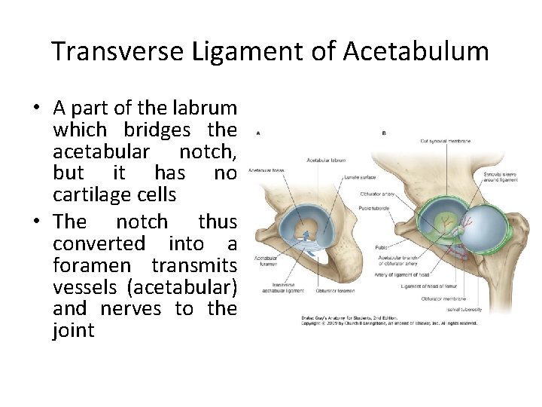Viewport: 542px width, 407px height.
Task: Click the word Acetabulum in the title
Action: pyautogui.click(x=416, y=51)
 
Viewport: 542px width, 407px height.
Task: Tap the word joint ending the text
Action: pyautogui.click(x=74, y=330)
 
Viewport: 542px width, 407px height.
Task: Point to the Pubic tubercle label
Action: pyautogui.click(x=373, y=207)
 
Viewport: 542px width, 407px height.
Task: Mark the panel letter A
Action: pyautogui.click(x=258, y=133)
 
